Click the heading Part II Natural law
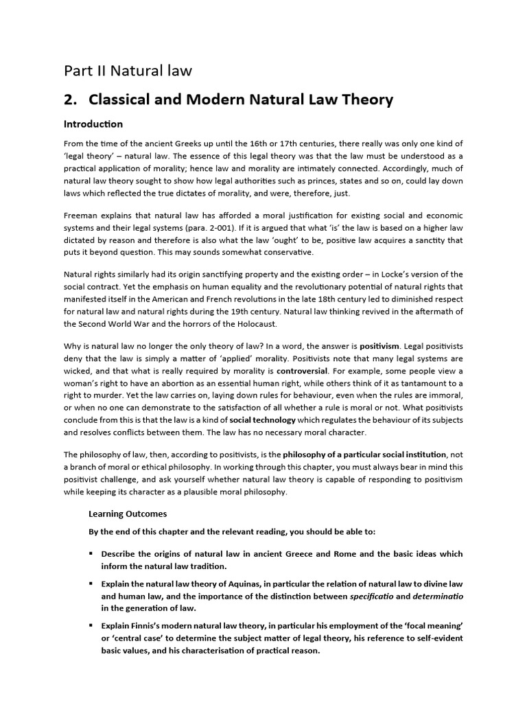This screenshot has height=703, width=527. [128, 71]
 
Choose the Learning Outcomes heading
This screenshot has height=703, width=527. [128, 514]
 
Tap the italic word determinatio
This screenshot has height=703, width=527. [438, 596]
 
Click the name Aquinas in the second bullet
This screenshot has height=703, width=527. [235, 584]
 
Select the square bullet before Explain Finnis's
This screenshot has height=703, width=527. [91, 626]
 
